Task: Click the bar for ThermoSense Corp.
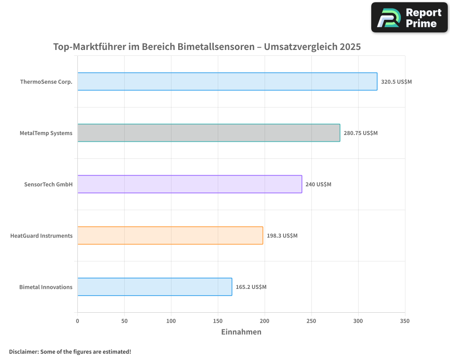[227, 81]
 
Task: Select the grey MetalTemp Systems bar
[208, 133]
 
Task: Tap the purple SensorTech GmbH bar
[189, 184]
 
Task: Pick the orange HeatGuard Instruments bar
[170, 235]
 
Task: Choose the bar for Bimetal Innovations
[154, 287]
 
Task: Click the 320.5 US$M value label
[396, 82]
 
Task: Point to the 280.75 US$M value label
[360, 133]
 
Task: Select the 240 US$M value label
[318, 184]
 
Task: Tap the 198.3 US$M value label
[282, 236]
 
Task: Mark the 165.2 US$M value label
[251, 287]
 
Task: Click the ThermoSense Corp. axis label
[46, 82]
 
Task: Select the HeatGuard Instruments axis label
[41, 236]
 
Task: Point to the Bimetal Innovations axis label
[46, 287]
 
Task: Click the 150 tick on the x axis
[218, 321]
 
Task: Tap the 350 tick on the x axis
[405, 321]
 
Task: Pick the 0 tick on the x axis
[77, 321]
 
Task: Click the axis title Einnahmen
[241, 332]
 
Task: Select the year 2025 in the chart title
[350, 47]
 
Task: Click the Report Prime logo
[409, 18]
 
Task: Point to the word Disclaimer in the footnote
[23, 351]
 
